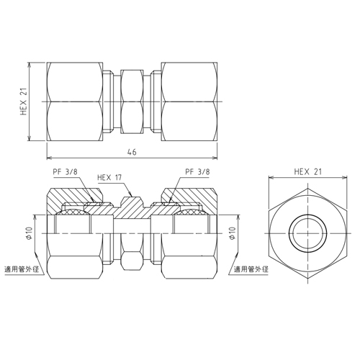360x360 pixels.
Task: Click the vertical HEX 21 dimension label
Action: [x=23, y=101]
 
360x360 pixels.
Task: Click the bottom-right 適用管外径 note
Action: [x=249, y=269]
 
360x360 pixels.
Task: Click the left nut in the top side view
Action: [x=73, y=102]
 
